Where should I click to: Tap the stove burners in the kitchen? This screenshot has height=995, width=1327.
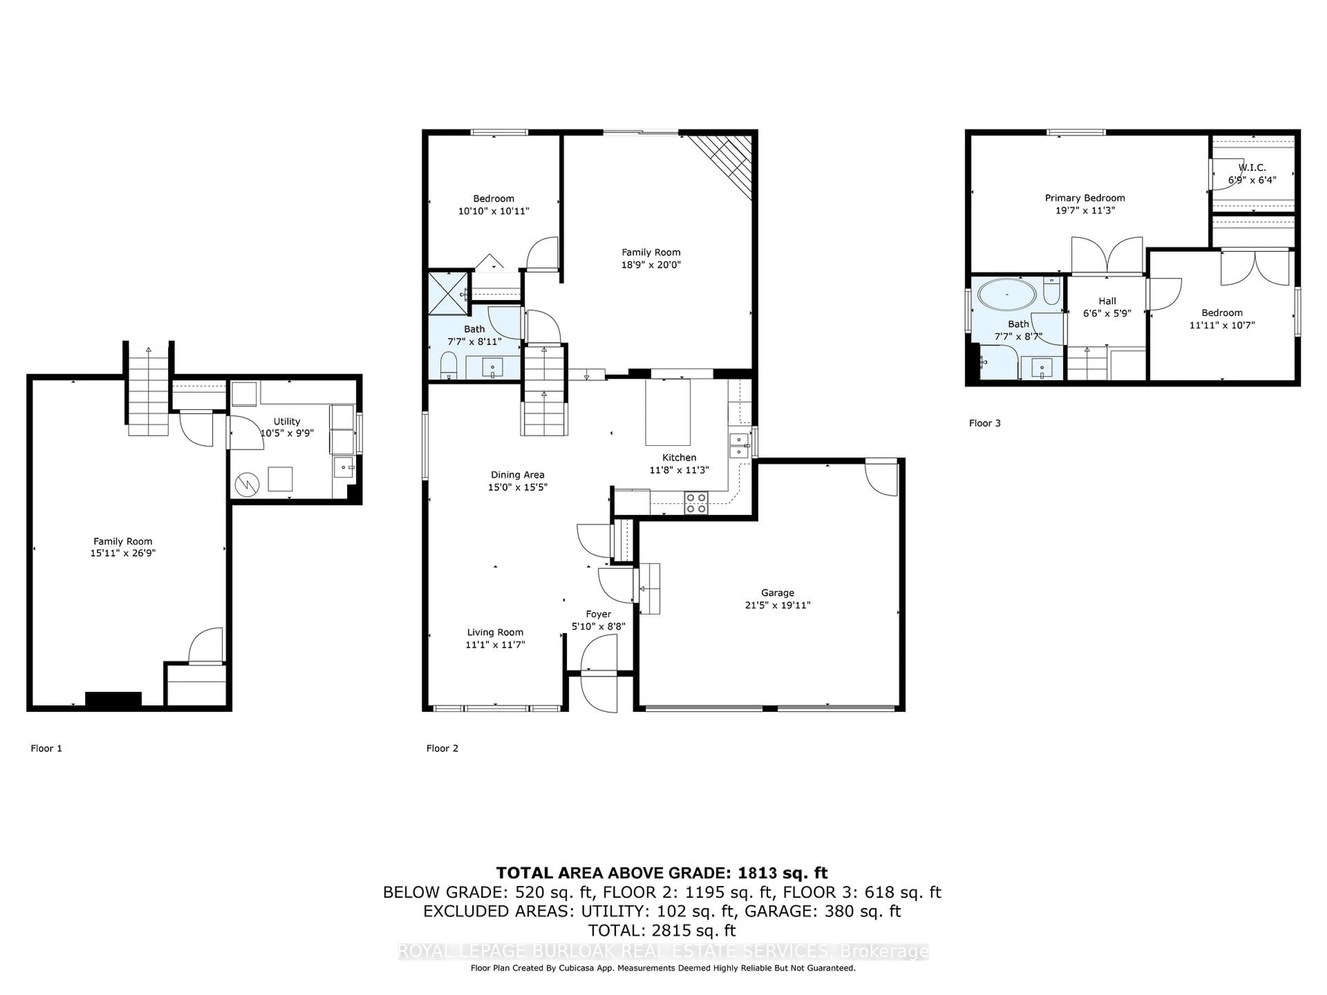pyautogui.click(x=696, y=503)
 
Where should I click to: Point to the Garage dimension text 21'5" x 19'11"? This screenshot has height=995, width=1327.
pyautogui.click(x=778, y=605)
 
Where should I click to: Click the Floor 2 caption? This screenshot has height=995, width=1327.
pyautogui.click(x=442, y=748)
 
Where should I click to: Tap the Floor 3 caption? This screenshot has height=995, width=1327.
pyautogui.click(x=985, y=423)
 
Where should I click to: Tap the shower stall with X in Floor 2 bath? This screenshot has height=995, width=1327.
pyautogui.click(x=448, y=293)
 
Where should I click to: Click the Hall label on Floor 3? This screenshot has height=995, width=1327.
pyautogui.click(x=1107, y=301)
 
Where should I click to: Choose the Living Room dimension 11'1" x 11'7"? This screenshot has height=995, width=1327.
pyautogui.click(x=495, y=645)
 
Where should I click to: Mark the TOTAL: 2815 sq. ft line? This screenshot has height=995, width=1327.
pyautogui.click(x=662, y=930)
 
